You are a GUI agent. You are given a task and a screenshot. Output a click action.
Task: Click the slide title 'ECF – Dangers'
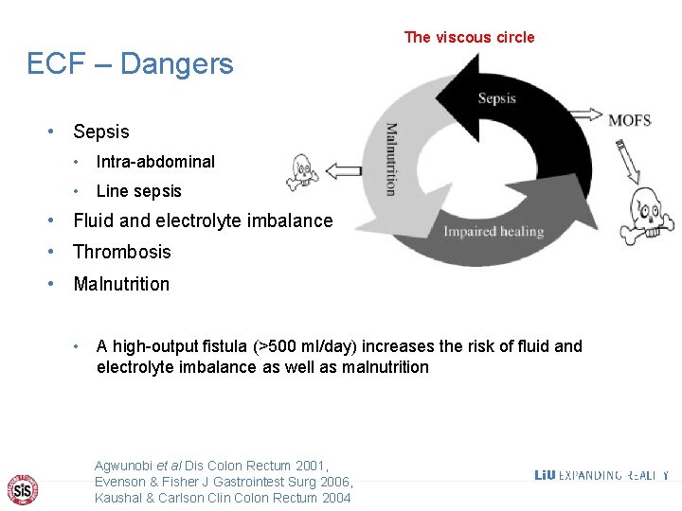pos(130,64)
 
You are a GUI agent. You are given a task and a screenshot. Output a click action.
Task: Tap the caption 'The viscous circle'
pos(469,38)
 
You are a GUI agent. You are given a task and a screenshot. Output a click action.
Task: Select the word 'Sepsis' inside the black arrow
pos(497,98)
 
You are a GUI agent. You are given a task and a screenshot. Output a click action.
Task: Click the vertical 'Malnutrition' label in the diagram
pos(390,159)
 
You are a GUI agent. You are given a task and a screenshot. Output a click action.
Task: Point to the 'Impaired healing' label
pos(494,232)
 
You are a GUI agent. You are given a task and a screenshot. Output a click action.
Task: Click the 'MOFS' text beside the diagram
pos(629,120)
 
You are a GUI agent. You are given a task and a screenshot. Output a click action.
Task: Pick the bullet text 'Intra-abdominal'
pos(155,162)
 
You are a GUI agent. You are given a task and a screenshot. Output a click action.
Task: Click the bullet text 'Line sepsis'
pos(138,191)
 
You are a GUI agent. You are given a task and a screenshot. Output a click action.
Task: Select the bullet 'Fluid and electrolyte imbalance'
pos(203,221)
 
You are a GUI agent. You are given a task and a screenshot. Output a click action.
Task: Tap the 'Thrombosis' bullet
pos(122,252)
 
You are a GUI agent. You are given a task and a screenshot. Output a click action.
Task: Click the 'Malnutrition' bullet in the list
pos(121,284)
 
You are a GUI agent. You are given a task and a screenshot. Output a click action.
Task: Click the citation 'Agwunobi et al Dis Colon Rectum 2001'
pos(210,466)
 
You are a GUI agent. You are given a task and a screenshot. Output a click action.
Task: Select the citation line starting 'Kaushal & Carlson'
pos(223,498)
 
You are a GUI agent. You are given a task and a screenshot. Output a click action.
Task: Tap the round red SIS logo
pos(23,488)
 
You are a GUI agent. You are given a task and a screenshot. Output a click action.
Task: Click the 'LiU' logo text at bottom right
pos(545,475)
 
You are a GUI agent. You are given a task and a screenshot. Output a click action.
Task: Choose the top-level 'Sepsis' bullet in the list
pos(100,132)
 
